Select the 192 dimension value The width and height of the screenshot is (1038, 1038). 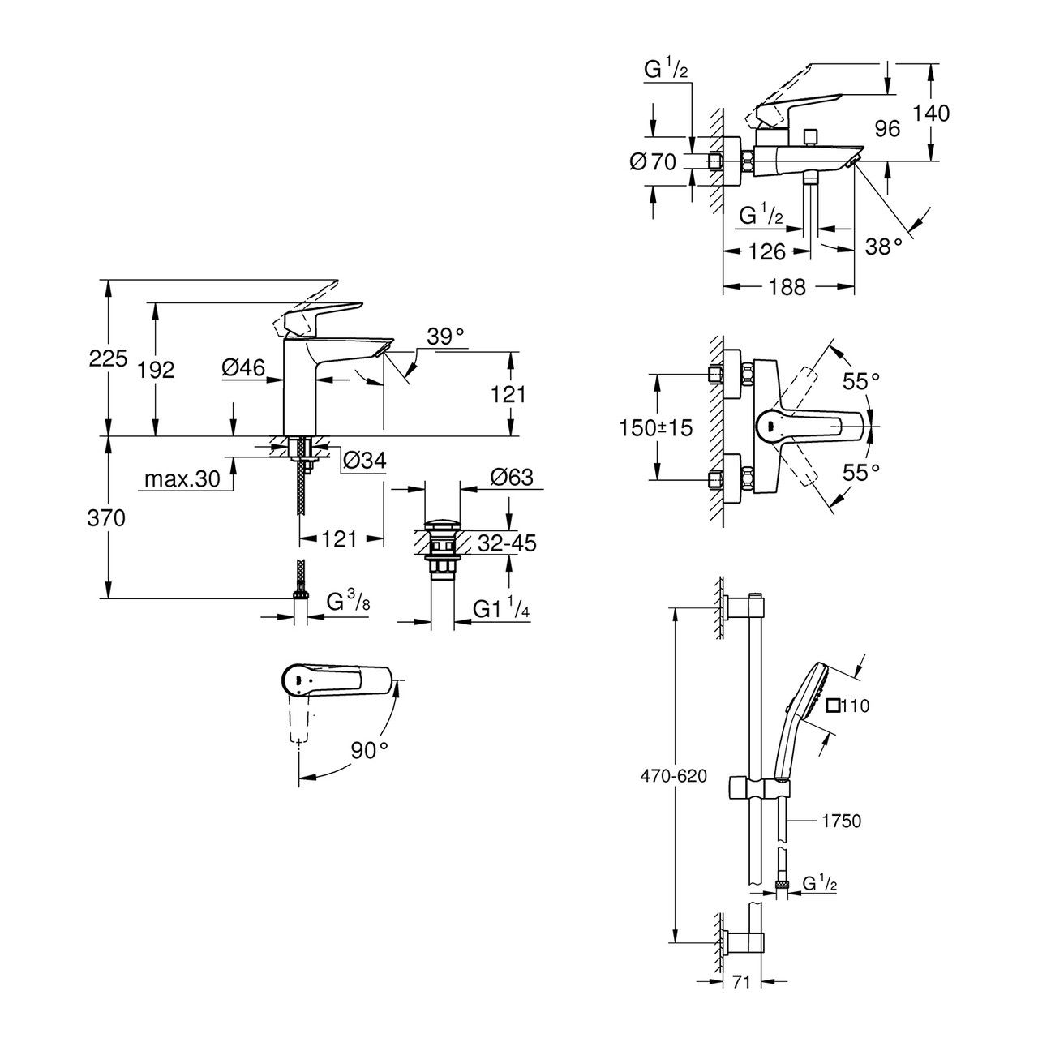tap(157, 370)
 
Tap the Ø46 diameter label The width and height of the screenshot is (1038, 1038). tap(243, 368)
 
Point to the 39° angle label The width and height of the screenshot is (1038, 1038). tap(446, 337)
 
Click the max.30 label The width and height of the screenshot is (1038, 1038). tap(182, 479)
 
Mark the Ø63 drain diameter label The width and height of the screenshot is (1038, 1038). tap(512, 477)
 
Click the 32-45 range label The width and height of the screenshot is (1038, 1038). tap(506, 543)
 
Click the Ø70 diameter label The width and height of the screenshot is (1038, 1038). tap(653, 162)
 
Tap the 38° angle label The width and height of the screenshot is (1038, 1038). tap(884, 245)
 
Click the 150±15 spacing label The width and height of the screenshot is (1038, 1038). tap(657, 427)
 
